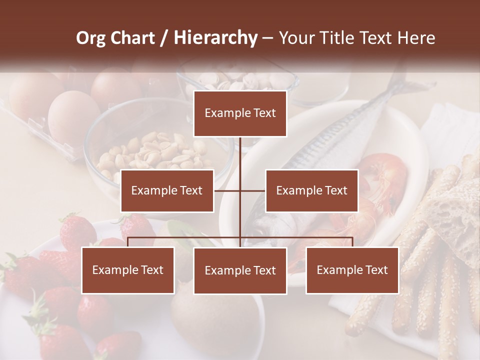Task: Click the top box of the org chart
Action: tap(240, 113)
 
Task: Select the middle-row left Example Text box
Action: tap(167, 190)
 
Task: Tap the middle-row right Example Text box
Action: tap(311, 190)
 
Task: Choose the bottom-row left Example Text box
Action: tap(128, 270)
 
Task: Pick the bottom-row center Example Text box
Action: tap(240, 271)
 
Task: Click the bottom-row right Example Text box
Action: tap(352, 270)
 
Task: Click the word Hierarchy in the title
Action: tap(215, 38)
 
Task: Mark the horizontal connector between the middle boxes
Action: tap(240, 190)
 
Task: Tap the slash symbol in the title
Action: tap(163, 38)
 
